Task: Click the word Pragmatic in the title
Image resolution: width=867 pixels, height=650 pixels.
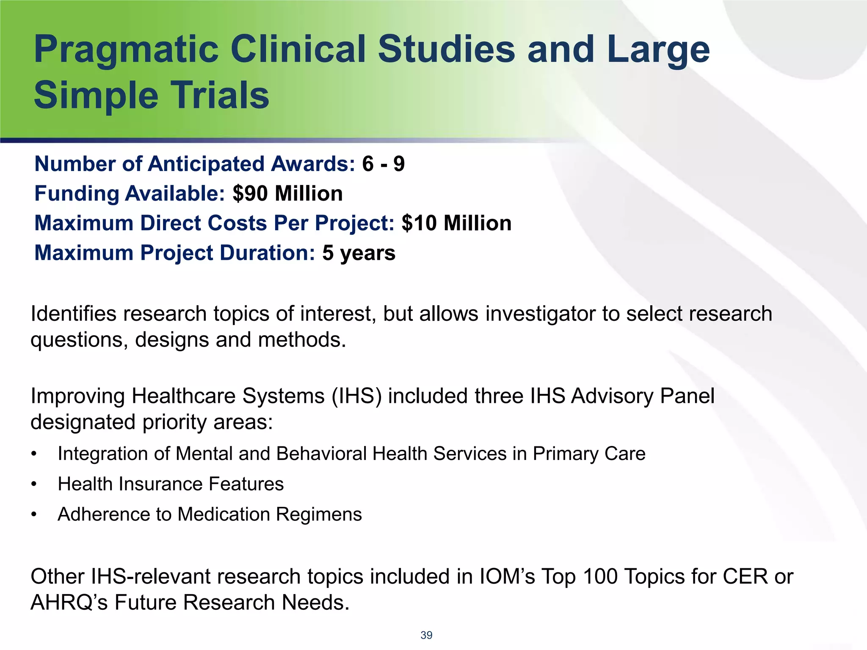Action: [126, 50]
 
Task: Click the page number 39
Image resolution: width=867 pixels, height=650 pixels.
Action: [426, 635]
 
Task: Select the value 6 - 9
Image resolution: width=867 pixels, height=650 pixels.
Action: [383, 164]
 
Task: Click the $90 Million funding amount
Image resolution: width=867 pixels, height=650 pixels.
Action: [287, 194]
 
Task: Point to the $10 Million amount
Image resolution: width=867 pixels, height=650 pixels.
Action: [456, 223]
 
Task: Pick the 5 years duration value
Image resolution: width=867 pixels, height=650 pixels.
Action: [359, 253]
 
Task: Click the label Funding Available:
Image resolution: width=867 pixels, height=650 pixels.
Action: [130, 194]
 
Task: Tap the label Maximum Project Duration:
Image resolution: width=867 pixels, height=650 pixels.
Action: [174, 253]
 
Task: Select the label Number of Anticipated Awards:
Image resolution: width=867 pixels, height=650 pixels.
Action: [195, 164]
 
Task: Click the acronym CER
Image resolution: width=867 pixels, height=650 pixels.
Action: [745, 577]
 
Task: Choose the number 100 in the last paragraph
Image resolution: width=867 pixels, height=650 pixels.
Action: [600, 577]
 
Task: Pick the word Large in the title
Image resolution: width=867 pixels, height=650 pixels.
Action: [658, 50]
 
